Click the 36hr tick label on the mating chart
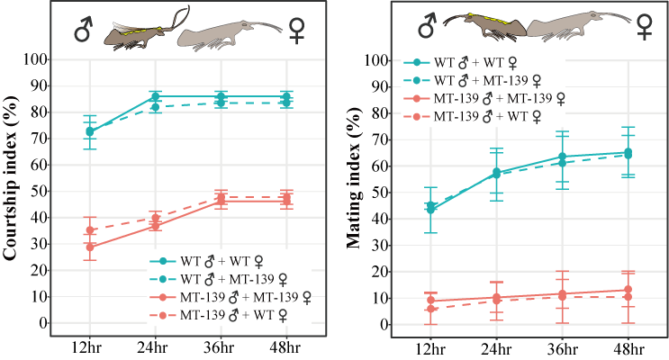563,346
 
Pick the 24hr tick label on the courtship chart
155,346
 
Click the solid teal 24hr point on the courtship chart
155,96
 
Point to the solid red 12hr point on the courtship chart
90,247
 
